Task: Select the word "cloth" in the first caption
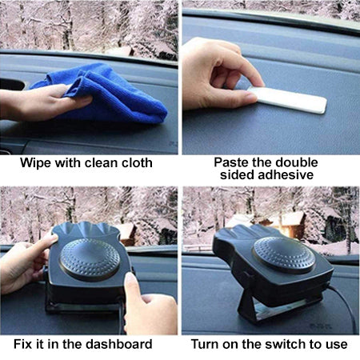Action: point(137,162)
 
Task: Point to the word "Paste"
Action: point(230,162)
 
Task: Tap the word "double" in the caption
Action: point(297,162)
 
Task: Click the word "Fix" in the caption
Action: point(22,344)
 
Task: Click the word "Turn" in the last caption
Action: point(205,344)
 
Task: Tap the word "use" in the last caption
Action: point(337,345)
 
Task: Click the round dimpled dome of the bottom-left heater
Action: point(90,259)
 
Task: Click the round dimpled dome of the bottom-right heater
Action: point(284,255)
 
